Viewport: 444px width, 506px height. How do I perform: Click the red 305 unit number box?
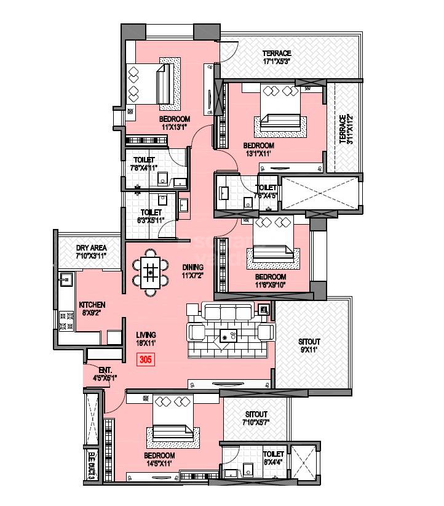146,359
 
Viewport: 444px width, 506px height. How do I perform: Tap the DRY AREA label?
91,251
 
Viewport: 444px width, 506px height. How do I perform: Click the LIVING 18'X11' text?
147,339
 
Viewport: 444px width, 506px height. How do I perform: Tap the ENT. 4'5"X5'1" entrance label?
105,374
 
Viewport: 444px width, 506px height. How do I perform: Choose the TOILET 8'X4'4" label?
273,457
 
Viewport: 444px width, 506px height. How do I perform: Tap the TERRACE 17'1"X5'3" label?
277,57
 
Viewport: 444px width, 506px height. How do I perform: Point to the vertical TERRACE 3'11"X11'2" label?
347,129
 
